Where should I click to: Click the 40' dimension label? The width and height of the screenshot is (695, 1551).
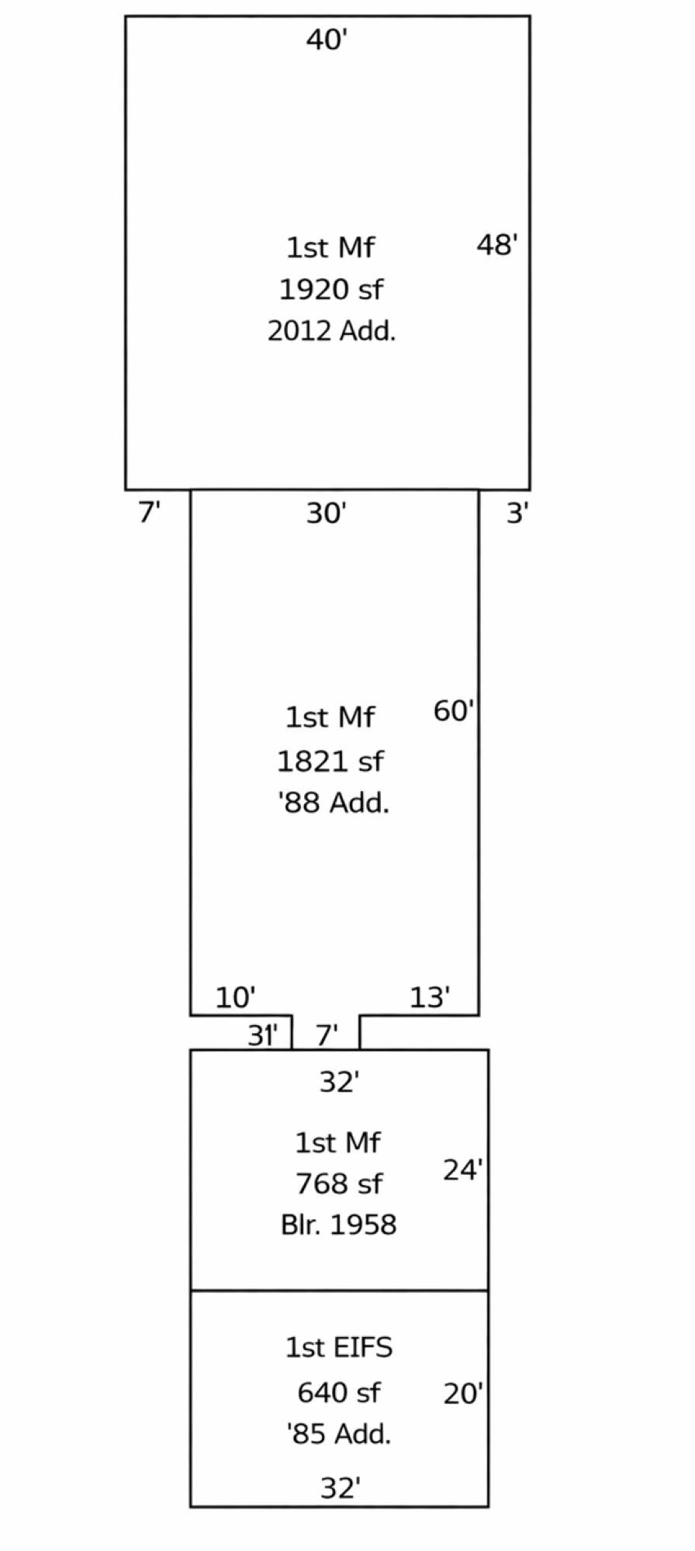pos(327,40)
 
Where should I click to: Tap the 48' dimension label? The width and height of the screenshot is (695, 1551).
pos(497,245)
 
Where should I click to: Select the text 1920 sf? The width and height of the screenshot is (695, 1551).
pos(331,289)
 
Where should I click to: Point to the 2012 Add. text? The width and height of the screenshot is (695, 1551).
pos(332,331)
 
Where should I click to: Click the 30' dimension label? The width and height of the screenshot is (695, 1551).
pos(327,513)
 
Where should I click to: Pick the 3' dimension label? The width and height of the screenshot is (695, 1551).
pos(518,513)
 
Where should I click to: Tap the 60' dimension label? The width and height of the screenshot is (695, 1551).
pos(454,710)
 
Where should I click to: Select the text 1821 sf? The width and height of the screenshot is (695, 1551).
pos(330,762)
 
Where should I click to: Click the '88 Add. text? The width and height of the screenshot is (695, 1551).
pos(334,803)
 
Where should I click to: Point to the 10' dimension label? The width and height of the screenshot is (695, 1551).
pos(236,997)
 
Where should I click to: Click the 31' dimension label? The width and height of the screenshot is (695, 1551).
pos(263,1035)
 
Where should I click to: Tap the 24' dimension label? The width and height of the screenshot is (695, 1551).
pos(463,1169)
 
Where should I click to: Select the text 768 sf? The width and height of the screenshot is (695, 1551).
pos(339,1183)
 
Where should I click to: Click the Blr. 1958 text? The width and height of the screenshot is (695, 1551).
pos(339,1225)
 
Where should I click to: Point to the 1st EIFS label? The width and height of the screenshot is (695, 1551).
pos(339,1348)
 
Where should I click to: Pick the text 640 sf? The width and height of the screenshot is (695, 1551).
pos(339,1393)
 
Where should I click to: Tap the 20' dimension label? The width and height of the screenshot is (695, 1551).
pos(463,1394)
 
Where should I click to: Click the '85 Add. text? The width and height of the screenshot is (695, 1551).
pos(339,1434)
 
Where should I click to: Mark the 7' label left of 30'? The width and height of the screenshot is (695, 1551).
pos(150,513)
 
